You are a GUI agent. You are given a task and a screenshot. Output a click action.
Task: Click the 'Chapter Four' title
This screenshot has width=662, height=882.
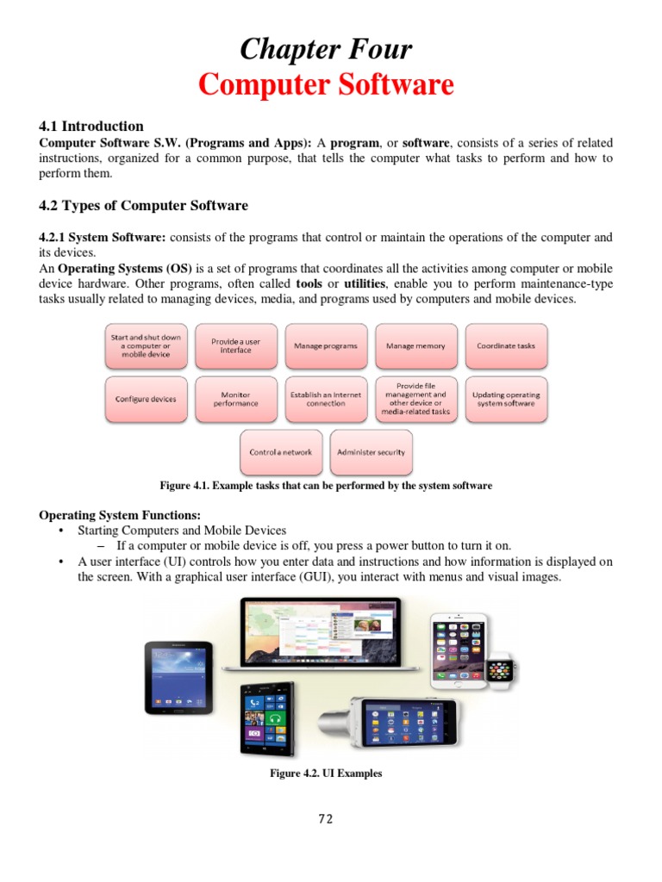tap(326, 49)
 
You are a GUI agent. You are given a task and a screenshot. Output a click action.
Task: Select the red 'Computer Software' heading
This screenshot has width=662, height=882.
tap(326, 85)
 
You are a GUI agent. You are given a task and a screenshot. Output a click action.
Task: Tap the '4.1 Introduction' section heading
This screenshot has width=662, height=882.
tap(91, 126)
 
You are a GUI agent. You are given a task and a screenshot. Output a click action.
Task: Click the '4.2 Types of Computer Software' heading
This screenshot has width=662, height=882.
tap(143, 206)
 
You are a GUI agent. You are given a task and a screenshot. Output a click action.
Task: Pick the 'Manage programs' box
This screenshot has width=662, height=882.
tap(326, 346)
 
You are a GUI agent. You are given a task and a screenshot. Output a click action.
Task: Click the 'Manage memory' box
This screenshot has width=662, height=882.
tap(415, 346)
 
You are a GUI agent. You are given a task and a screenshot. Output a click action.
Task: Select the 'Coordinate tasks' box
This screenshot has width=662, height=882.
tap(506, 346)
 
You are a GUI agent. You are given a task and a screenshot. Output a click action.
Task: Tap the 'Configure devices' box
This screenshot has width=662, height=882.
tap(146, 399)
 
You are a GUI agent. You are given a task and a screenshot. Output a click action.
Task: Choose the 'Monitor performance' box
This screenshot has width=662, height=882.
tap(235, 399)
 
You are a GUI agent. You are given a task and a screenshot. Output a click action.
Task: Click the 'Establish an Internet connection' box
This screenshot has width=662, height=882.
tap(326, 399)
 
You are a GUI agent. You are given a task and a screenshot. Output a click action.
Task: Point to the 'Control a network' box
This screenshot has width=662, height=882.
tap(281, 452)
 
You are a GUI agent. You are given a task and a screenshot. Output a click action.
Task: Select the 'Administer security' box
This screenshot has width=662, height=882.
tap(371, 452)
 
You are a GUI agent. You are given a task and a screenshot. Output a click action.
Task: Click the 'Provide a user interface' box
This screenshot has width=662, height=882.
tap(235, 346)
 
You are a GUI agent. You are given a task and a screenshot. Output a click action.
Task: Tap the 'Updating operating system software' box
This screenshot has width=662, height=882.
tap(506, 399)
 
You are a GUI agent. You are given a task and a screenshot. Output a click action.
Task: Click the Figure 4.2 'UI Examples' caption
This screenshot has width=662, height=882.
tap(326, 773)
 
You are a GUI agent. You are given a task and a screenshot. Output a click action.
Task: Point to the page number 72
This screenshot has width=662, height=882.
tap(325, 819)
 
